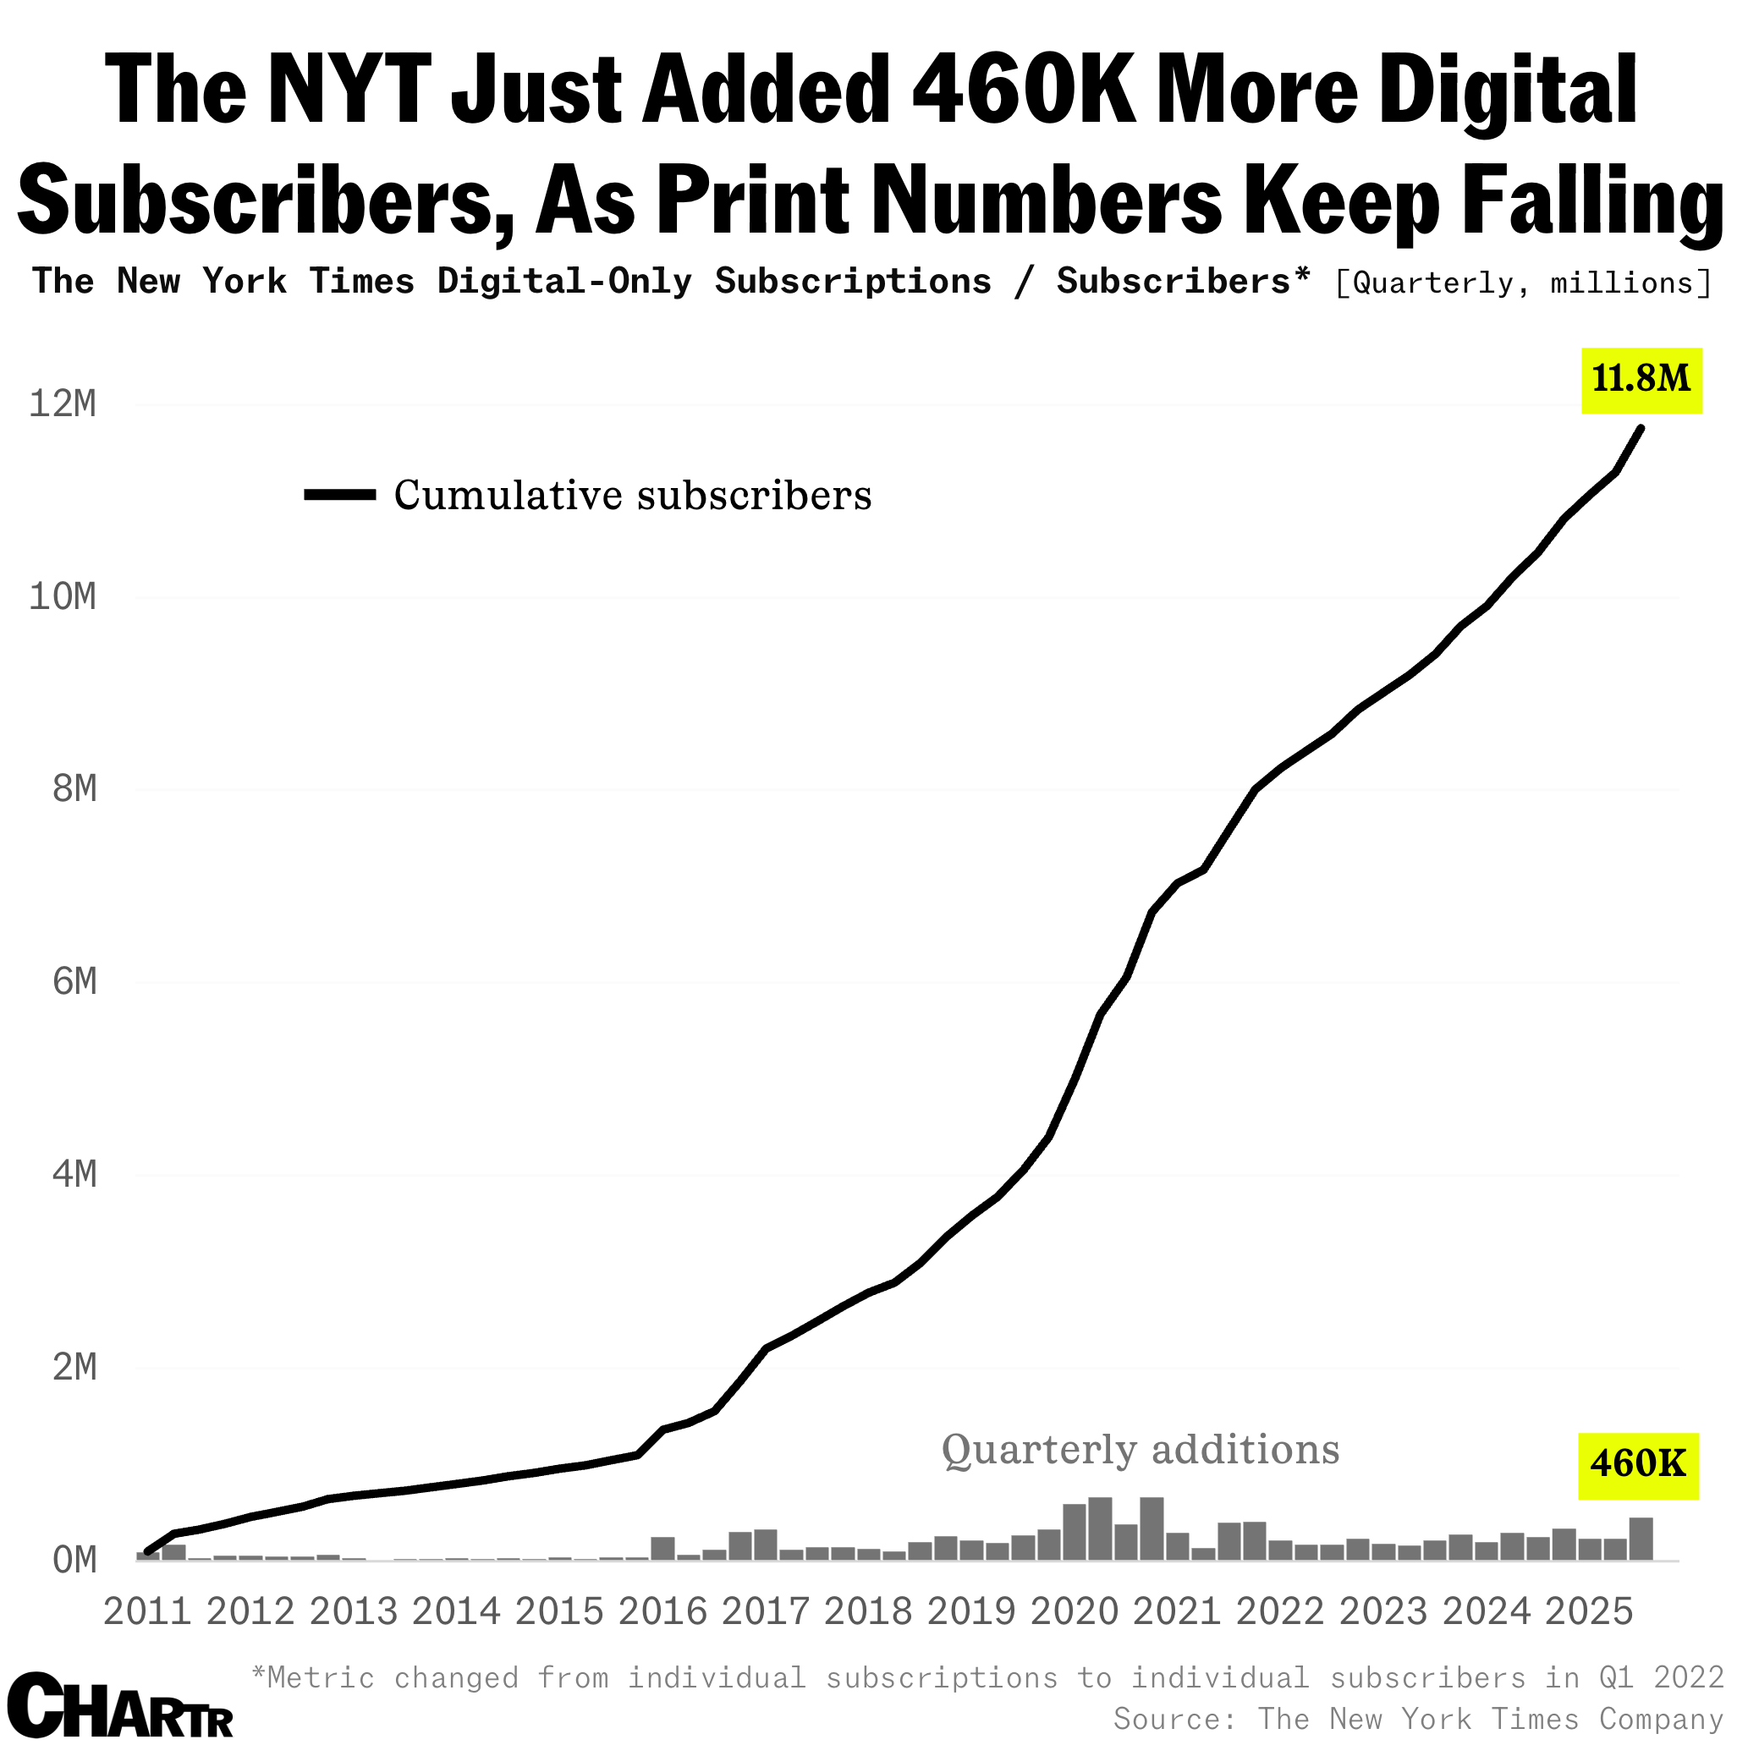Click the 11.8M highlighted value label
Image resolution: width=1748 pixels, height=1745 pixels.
[1641, 380]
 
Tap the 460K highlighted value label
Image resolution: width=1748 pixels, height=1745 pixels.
[1639, 1463]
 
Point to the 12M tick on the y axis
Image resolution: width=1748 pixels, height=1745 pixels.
[63, 404]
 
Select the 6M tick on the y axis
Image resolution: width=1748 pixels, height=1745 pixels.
[74, 982]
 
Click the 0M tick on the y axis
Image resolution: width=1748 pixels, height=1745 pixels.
[74, 1561]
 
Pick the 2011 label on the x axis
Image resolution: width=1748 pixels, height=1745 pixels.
[147, 1612]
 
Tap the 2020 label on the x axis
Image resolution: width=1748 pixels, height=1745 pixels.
[1075, 1612]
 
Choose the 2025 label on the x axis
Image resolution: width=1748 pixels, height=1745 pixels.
[1589, 1612]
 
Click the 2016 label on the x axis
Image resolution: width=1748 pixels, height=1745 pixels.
[662, 1612]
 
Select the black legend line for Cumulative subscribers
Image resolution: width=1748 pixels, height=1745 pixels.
[340, 494]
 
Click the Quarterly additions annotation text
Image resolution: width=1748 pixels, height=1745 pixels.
[1140, 1450]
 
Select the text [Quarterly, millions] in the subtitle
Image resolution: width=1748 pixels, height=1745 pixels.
[1523, 284]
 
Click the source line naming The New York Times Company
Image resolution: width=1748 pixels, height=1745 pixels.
[1418, 1718]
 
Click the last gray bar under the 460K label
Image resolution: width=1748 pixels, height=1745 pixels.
[1641, 1539]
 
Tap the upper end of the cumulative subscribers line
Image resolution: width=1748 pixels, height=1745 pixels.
[1641, 428]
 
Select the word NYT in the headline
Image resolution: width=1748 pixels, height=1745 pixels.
[347, 91]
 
